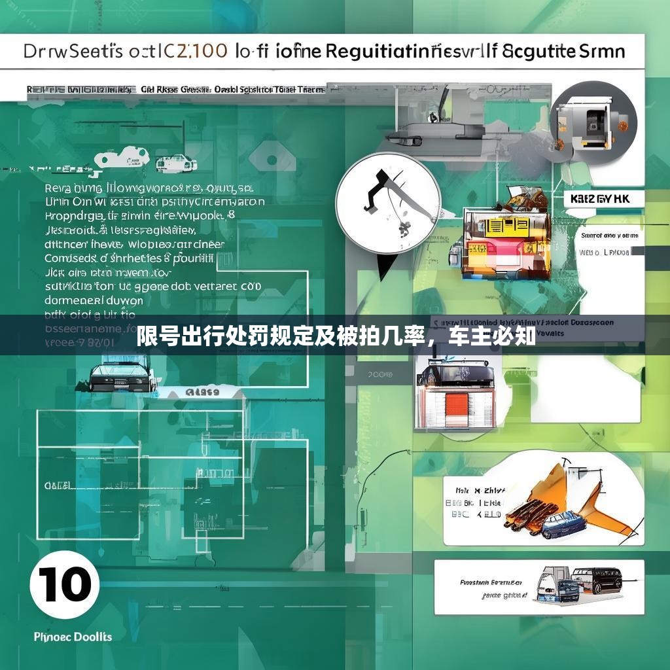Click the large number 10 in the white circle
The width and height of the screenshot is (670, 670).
pyautogui.click(x=64, y=585)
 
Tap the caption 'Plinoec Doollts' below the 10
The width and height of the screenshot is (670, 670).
pyautogui.click(x=73, y=637)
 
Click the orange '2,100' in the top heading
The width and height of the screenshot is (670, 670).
pyautogui.click(x=196, y=52)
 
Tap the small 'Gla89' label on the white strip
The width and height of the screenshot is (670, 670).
pyautogui.click(x=202, y=393)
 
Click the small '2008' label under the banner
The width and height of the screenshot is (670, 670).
pyautogui.click(x=380, y=375)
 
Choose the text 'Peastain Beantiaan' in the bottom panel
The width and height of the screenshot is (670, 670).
pyautogui.click(x=491, y=582)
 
